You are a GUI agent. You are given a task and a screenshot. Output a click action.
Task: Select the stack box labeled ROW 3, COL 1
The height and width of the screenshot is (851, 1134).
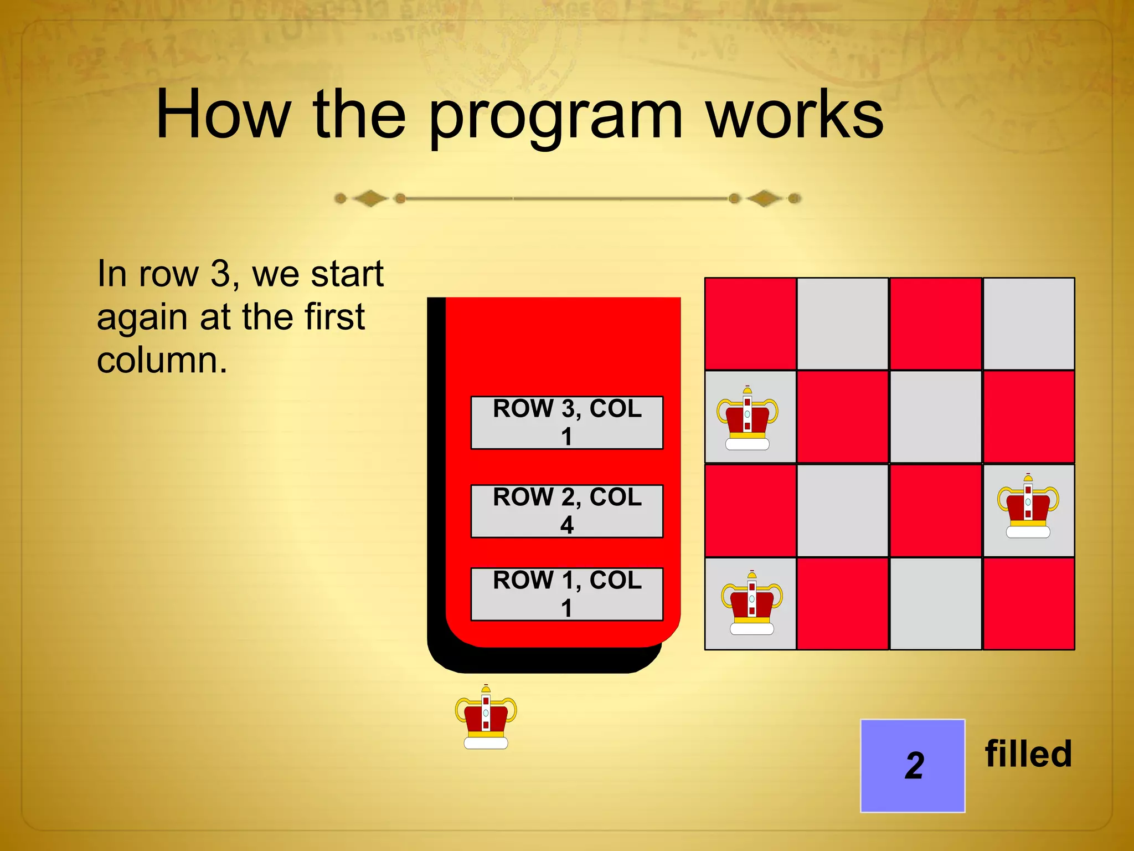click(x=566, y=422)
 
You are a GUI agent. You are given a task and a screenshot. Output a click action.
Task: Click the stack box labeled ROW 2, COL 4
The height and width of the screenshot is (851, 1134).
click(x=566, y=511)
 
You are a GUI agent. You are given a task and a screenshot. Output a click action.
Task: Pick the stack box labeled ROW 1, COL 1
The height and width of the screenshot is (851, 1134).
click(x=566, y=594)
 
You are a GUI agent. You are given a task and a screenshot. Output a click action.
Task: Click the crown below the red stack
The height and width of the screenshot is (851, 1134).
click(x=486, y=717)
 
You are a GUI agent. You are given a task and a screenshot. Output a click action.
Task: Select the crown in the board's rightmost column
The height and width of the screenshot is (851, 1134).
click(x=1028, y=506)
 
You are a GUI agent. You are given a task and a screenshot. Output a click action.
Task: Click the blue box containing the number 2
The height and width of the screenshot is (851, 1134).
click(x=913, y=766)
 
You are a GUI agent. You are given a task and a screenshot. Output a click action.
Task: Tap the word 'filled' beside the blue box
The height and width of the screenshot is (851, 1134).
click(x=1028, y=754)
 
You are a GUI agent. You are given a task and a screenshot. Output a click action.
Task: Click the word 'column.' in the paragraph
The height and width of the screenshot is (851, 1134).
click(x=162, y=361)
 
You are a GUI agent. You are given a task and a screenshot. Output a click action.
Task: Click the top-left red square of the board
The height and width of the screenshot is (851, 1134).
click(x=750, y=324)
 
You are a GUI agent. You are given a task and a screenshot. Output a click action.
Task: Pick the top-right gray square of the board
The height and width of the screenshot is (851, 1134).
click(x=1029, y=324)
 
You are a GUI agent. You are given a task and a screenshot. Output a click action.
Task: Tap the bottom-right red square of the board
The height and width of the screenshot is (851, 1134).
click(x=1029, y=603)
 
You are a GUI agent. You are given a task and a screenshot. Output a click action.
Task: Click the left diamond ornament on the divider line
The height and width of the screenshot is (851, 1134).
click(x=370, y=198)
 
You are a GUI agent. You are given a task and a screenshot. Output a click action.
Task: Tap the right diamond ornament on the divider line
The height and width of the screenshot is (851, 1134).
click(x=764, y=198)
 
